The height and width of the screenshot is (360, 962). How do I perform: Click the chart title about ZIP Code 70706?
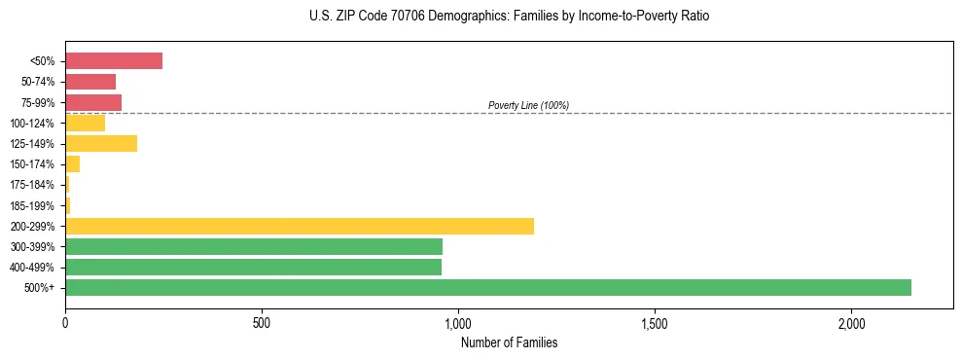tap(510, 17)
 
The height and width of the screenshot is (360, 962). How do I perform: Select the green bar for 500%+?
tap(487, 287)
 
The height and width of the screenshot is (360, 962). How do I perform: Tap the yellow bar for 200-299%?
tap(299, 226)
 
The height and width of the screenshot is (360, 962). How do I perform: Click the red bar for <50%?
tap(113, 61)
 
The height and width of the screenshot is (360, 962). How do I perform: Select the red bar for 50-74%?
tap(89, 82)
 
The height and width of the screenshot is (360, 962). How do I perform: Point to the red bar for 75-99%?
tap(92, 102)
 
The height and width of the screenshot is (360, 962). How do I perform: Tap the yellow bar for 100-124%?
tap(85, 123)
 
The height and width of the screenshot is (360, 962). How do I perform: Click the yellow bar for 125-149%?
tap(100, 143)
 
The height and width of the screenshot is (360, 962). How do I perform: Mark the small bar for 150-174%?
tap(72, 163)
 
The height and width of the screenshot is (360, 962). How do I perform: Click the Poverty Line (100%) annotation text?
tap(528, 105)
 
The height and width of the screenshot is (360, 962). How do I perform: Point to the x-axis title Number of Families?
tap(509, 342)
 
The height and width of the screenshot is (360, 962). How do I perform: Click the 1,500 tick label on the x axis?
tap(655, 322)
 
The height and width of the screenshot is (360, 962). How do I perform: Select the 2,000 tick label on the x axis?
tap(851, 322)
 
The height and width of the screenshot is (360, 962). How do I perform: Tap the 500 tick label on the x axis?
tap(261, 322)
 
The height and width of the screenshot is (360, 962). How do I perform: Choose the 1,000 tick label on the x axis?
tap(458, 322)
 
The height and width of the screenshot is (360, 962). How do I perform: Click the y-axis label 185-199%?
tap(32, 205)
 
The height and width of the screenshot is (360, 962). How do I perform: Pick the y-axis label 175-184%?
tap(32, 185)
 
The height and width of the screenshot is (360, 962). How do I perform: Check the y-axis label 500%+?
tap(39, 288)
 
